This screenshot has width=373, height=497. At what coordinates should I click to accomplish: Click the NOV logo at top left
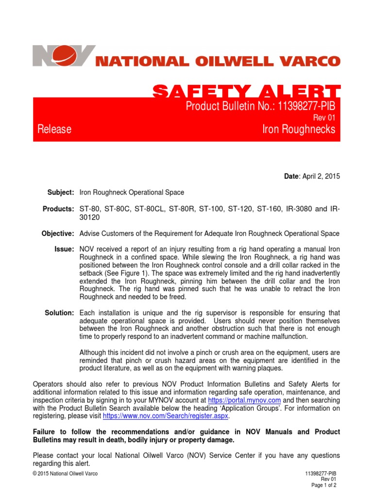(64, 56)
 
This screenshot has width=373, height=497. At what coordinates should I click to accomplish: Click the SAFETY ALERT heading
(247, 91)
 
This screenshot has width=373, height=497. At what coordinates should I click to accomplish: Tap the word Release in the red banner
(54, 129)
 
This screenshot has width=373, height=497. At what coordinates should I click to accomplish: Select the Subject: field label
(60, 193)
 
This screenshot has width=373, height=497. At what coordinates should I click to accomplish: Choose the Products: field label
(59, 209)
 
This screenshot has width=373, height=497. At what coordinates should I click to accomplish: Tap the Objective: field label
(58, 233)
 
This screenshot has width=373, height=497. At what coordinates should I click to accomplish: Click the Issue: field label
(65, 249)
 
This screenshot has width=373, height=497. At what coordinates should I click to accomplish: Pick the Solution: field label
(60, 313)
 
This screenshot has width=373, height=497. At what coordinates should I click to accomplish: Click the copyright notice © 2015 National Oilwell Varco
(65, 474)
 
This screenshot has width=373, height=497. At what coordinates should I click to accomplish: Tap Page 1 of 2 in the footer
(323, 485)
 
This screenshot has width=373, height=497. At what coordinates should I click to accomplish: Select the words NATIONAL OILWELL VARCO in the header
(218, 62)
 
